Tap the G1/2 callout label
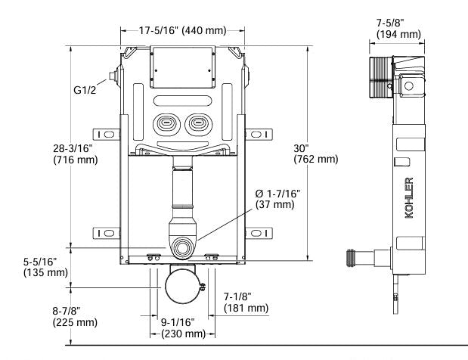(x=84, y=91)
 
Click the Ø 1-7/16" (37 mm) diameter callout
(x=278, y=199)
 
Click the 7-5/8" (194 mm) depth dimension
(x=398, y=29)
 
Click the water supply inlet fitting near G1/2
(x=114, y=76)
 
